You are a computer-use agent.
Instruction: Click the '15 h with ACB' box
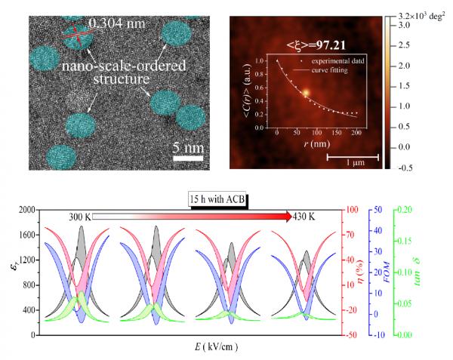point(220,199)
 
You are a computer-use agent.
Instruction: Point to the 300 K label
point(81,217)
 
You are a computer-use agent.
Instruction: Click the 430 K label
point(306,217)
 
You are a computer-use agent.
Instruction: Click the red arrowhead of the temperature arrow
point(288,217)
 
